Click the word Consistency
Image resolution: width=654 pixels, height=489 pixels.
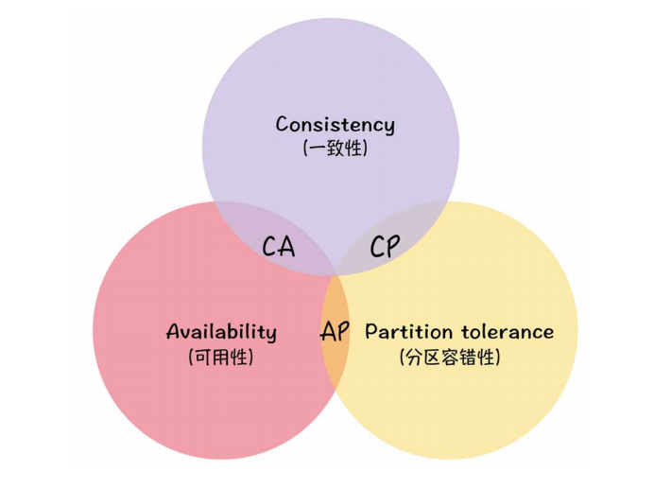(335, 124)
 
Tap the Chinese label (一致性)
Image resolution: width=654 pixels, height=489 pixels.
(335, 148)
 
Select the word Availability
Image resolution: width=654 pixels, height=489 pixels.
(221, 332)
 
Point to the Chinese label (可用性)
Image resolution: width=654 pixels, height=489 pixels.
(221, 357)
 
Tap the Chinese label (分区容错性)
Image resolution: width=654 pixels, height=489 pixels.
(450, 357)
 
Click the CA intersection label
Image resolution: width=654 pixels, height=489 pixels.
(279, 248)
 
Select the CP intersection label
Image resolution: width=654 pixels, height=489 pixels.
(384, 248)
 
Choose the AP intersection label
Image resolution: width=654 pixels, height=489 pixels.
(335, 332)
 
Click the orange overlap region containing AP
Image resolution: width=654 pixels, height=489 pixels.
(335, 355)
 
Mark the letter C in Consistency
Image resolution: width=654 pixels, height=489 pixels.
(283, 124)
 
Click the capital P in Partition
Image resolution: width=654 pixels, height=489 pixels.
(370, 332)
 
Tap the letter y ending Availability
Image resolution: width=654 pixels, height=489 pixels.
(271, 335)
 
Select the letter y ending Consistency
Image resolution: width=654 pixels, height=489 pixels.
(388, 127)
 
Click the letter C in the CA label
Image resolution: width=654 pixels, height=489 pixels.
(269, 248)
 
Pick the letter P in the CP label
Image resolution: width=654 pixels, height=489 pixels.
(392, 248)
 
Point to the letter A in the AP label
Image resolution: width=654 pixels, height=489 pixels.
(327, 332)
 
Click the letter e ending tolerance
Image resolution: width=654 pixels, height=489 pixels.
(548, 333)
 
